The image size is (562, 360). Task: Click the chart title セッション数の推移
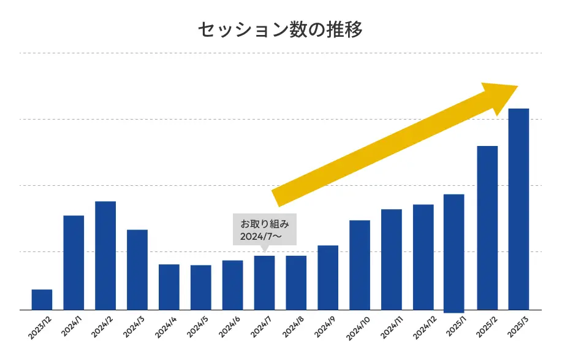(x=281, y=29)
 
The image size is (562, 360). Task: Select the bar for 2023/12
(x=42, y=300)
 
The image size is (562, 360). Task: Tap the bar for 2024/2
(x=105, y=256)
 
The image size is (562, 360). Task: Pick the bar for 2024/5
(x=200, y=288)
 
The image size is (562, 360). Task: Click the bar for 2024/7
(x=264, y=283)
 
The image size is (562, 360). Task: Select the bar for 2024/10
(x=360, y=265)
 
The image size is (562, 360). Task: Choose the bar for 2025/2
(x=487, y=228)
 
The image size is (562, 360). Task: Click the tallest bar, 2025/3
(x=518, y=209)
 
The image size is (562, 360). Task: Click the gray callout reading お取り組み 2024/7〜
(x=265, y=229)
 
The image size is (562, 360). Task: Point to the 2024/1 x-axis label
(x=72, y=327)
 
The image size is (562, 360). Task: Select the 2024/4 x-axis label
(x=167, y=327)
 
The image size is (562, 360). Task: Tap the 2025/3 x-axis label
(x=517, y=327)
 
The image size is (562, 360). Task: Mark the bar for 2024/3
(x=137, y=270)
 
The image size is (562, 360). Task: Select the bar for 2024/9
(x=328, y=278)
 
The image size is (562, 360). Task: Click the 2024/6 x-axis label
(x=230, y=327)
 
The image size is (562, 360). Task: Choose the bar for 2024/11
(x=392, y=259)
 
